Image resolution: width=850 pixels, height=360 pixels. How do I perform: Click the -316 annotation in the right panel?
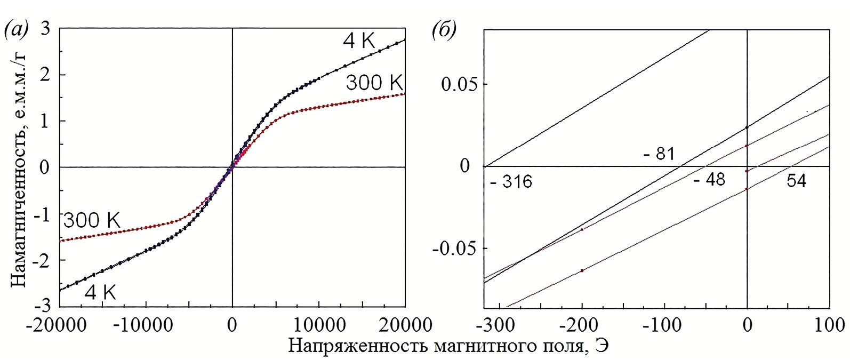coord(510,182)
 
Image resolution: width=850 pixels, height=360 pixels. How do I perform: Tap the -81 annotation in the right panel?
coord(659,155)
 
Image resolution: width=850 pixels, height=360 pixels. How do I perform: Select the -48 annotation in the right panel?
coord(709,180)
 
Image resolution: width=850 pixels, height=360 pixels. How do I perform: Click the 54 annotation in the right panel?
coord(797,181)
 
